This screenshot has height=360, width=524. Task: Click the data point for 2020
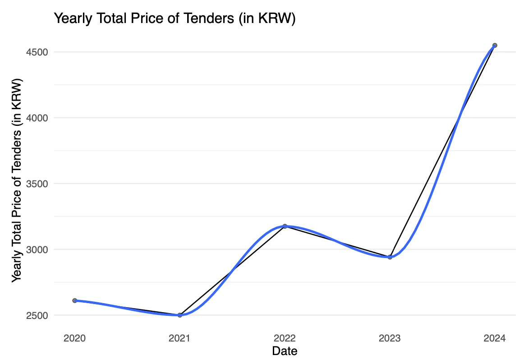tap(75, 300)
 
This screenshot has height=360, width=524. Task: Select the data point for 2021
tap(179, 315)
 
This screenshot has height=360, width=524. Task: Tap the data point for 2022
tap(285, 226)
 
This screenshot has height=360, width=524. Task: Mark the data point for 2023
tap(390, 257)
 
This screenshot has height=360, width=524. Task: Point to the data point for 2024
tap(495, 45)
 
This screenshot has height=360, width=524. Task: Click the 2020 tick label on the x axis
tap(75, 338)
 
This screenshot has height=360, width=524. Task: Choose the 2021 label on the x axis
tap(179, 338)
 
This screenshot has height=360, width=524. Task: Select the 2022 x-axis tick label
tap(285, 338)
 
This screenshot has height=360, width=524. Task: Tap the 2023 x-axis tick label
tap(390, 338)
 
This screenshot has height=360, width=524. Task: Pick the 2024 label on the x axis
tap(495, 338)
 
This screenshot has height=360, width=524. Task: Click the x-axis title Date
tap(285, 351)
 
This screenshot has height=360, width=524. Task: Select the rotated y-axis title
tap(17, 181)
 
